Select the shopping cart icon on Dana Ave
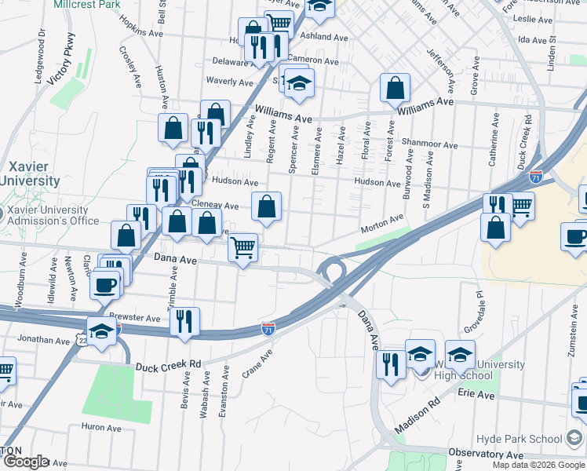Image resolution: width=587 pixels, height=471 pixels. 243,248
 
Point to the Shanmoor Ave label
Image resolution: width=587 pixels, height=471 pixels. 428,144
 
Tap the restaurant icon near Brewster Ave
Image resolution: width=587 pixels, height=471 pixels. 184,321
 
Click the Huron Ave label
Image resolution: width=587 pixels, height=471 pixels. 100,428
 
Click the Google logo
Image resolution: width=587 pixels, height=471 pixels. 26,462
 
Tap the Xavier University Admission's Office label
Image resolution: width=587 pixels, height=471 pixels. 49,215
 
